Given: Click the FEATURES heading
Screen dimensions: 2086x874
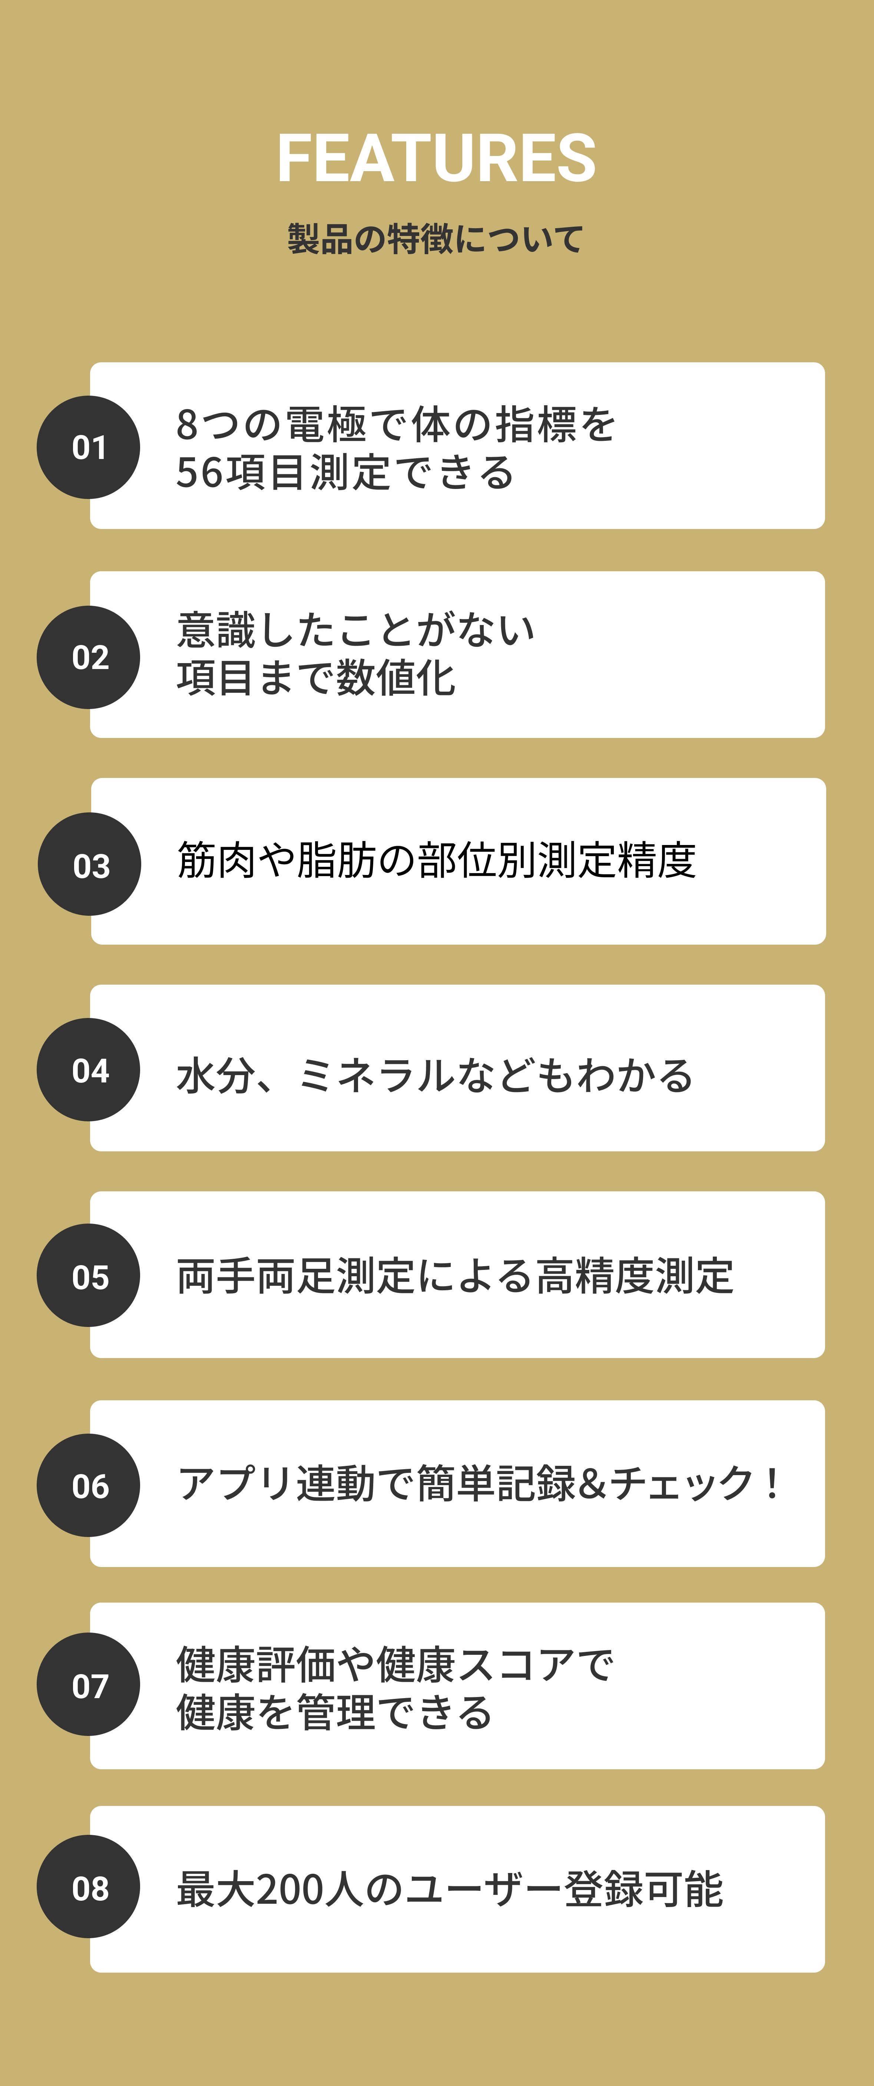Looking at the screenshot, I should (x=437, y=159).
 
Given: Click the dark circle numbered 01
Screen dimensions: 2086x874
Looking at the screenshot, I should (x=88, y=447).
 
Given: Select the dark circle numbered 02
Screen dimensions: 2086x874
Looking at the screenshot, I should (x=88, y=657).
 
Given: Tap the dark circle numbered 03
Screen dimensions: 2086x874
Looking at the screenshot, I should (x=90, y=864).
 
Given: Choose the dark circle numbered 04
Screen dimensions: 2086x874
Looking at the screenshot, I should (x=88, y=1070).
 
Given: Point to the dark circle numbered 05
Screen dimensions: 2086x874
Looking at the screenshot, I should (x=88, y=1275).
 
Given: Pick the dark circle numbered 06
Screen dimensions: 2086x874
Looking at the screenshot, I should (x=88, y=1485).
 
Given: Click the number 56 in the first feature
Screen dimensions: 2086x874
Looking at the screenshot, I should (x=199, y=473).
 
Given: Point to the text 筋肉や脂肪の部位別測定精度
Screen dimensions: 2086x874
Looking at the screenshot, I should (x=436, y=860).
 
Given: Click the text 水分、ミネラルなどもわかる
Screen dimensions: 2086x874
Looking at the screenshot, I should (x=434, y=1075).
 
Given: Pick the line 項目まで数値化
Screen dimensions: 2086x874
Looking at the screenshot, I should (x=316, y=679).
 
